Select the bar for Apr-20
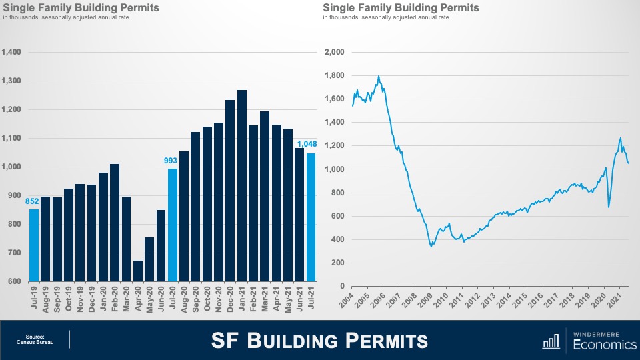coord(138,271)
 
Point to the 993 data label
coord(172,161)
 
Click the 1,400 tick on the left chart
coord(12,52)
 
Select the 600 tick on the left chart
coord(15,281)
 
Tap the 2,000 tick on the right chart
coord(333,52)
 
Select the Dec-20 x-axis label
coord(229,299)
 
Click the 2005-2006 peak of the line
coord(379,77)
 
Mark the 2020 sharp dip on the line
coord(609,207)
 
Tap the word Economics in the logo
coord(600,345)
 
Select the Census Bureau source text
coord(35,343)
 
